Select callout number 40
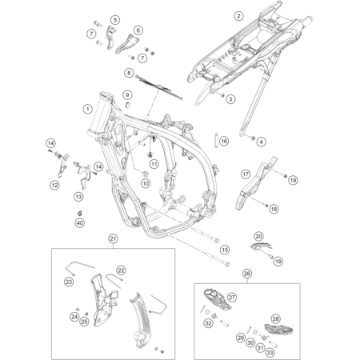79,223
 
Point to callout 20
258,236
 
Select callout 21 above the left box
113,238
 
